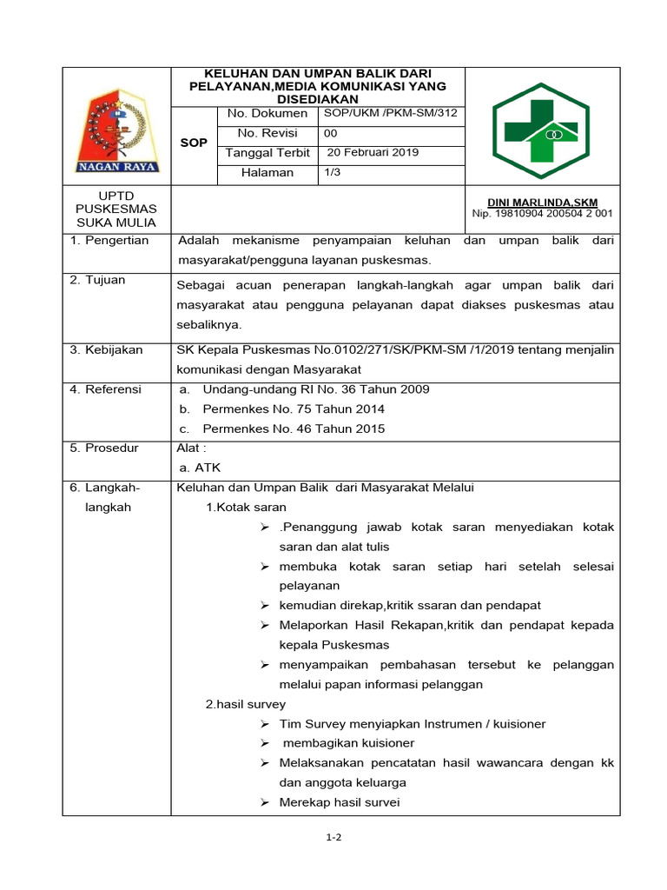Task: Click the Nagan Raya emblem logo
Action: (116, 126)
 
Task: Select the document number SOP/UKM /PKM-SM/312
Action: (390, 113)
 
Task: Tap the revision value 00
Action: (331, 133)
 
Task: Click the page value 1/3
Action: (333, 172)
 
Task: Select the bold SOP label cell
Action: (193, 143)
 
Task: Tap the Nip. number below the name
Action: (542, 213)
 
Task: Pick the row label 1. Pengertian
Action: (109, 240)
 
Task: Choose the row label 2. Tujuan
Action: (98, 280)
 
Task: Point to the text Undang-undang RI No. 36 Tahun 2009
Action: (316, 389)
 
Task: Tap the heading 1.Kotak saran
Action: (246, 507)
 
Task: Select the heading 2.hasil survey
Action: (246, 704)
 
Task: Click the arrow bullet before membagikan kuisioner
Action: (264, 743)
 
